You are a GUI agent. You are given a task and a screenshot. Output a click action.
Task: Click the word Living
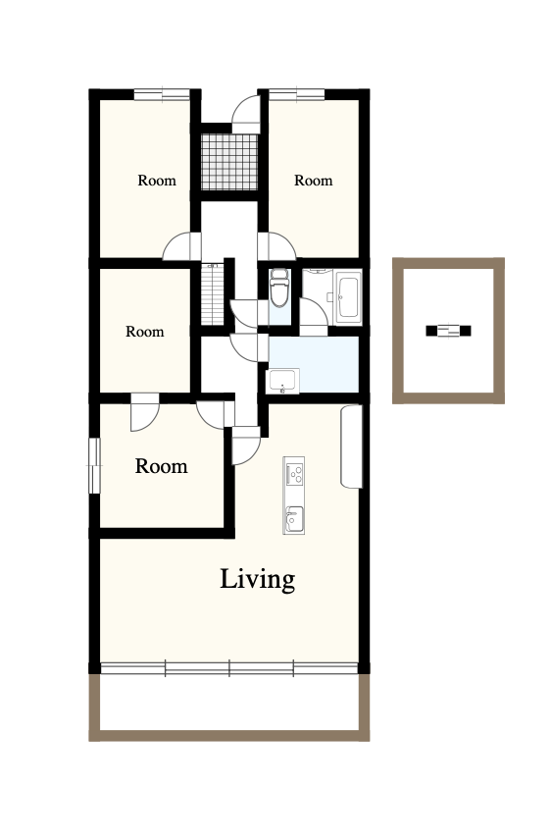(x=257, y=580)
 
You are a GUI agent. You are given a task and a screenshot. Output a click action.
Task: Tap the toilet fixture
(x=278, y=289)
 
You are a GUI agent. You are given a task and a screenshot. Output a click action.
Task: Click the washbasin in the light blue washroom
(x=283, y=381)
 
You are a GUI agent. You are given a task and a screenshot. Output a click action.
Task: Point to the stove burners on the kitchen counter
(x=294, y=474)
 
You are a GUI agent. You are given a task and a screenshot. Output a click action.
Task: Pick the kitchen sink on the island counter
(x=293, y=518)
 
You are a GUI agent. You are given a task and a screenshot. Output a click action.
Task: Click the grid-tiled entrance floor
(x=229, y=162)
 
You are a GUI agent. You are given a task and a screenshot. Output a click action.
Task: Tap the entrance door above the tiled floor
(x=246, y=114)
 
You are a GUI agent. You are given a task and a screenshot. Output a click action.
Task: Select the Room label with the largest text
(x=161, y=466)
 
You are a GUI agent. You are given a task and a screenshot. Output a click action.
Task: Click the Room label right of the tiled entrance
(x=314, y=181)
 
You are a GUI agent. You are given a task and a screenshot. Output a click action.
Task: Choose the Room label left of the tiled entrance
(x=157, y=181)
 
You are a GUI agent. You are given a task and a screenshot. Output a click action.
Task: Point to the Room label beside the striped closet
(x=144, y=332)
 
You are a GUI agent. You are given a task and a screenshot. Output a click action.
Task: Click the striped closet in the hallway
(x=213, y=294)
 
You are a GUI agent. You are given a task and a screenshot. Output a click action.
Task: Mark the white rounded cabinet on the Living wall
(x=351, y=446)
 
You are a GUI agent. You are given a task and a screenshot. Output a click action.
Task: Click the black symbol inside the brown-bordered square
(x=448, y=331)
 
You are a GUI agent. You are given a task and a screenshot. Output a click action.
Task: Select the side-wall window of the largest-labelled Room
(x=95, y=465)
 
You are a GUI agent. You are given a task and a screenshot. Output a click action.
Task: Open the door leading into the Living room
(x=246, y=446)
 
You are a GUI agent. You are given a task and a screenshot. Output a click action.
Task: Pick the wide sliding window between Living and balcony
(x=229, y=668)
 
